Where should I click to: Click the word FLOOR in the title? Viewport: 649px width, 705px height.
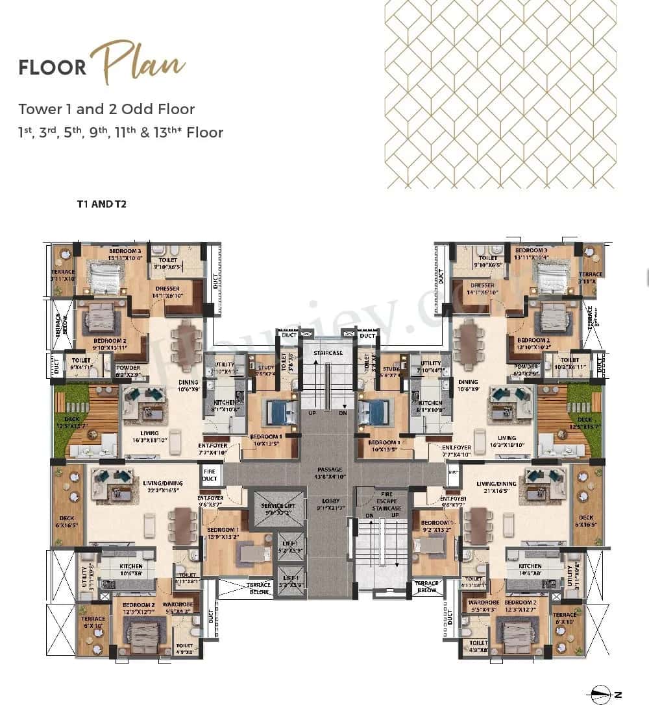[x=53, y=67]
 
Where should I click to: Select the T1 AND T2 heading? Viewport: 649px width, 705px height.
[x=101, y=204]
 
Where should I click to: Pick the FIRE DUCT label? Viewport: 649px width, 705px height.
[x=209, y=475]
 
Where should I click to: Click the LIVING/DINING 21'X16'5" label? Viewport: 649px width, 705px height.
[x=496, y=487]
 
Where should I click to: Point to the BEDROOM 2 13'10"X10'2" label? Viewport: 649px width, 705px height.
[x=533, y=344]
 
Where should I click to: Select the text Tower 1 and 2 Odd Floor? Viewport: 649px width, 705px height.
[x=106, y=109]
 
